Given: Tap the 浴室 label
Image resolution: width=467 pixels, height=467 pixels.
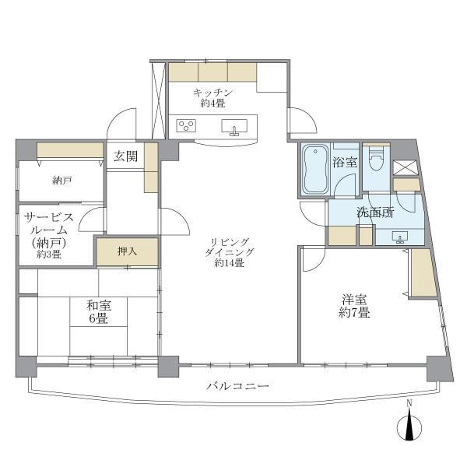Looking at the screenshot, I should (344, 162).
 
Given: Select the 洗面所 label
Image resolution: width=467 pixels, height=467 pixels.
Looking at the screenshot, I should (375, 212).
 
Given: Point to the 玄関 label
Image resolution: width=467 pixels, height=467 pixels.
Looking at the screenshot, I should (125, 156).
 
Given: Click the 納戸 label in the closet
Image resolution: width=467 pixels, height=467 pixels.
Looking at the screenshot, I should (62, 181).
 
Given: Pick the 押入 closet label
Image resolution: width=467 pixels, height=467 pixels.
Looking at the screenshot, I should (127, 251).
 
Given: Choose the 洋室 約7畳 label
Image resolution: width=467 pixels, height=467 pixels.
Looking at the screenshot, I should (354, 305).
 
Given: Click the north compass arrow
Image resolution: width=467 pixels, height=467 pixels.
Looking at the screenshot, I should (409, 427).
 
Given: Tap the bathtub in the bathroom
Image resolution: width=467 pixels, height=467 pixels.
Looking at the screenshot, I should (314, 170).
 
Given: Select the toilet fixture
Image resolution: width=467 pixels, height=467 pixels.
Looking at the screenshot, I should (376, 161).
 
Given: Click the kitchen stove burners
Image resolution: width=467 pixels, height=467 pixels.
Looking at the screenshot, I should (188, 125).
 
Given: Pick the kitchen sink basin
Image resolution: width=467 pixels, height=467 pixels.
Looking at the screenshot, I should (235, 126).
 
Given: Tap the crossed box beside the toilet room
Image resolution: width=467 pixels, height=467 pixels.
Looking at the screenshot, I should (405, 165).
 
